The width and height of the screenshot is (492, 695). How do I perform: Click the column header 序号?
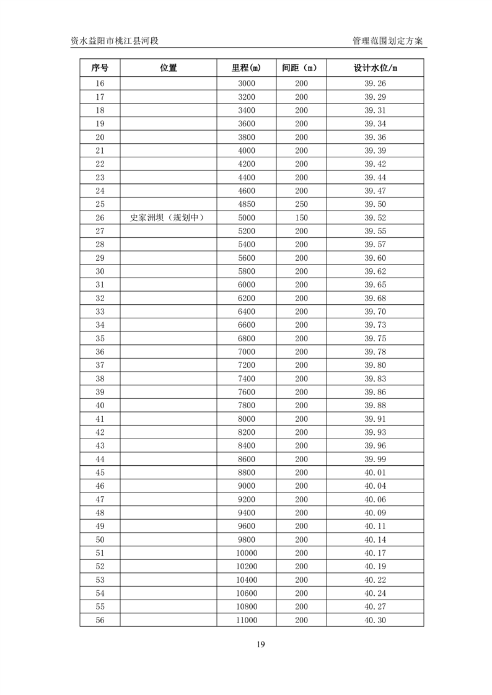[x=100, y=68]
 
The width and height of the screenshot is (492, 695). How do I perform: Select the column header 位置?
[x=168, y=68]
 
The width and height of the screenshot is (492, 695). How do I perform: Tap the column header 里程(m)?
[x=247, y=68]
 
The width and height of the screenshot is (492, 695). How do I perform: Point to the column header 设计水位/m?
[x=375, y=68]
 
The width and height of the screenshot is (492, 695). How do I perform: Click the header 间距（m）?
[x=301, y=68]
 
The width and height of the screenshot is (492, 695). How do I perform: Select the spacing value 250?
[x=301, y=204]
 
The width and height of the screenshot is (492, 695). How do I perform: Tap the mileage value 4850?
[x=247, y=204]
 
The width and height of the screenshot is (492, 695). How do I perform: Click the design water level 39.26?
[x=375, y=84]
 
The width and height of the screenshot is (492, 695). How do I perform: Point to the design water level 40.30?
[x=375, y=620]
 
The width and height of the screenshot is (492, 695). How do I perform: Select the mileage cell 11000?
[x=247, y=620]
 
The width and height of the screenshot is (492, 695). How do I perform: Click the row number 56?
[x=100, y=620]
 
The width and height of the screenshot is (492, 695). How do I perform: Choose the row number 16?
[x=100, y=84]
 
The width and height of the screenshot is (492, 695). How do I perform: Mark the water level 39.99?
[x=375, y=459]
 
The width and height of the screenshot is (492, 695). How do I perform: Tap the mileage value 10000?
[x=247, y=553]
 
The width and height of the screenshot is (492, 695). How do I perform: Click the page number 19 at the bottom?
[x=260, y=645]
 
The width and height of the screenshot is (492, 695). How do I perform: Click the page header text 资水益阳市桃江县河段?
[x=115, y=41]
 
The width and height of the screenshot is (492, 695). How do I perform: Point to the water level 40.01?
[x=375, y=473]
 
